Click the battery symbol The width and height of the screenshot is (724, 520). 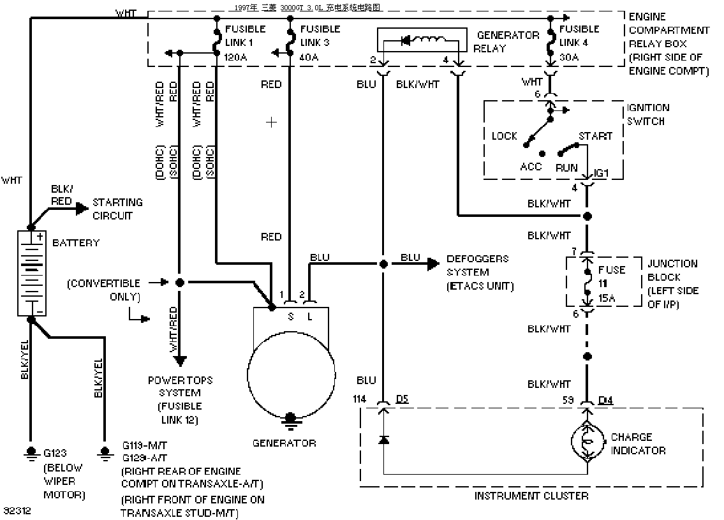[x=31, y=273]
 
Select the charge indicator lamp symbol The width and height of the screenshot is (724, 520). [x=587, y=442]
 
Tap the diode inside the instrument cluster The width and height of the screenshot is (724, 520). [x=383, y=440]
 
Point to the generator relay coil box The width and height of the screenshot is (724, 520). [x=422, y=40]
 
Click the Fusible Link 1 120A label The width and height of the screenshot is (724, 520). [x=245, y=43]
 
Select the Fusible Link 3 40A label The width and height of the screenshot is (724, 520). [x=320, y=43]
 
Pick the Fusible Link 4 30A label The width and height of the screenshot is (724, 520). [x=579, y=43]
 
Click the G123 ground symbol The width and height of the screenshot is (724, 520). [x=31, y=453]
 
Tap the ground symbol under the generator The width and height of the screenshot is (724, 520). [x=290, y=419]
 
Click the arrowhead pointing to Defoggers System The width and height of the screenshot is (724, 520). [x=433, y=264]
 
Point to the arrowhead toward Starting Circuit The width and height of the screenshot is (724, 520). [x=82, y=208]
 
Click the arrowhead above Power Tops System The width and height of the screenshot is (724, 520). [x=180, y=360]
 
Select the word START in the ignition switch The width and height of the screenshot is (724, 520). [x=596, y=137]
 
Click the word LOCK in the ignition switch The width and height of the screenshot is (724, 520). [x=504, y=137]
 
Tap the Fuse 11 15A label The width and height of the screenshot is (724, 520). [x=611, y=283]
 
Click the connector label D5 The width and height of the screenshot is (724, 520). [x=402, y=399]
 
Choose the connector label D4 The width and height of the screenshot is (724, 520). [x=605, y=399]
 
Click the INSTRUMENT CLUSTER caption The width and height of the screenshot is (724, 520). [x=531, y=496]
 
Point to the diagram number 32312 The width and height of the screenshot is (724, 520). [x=17, y=511]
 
